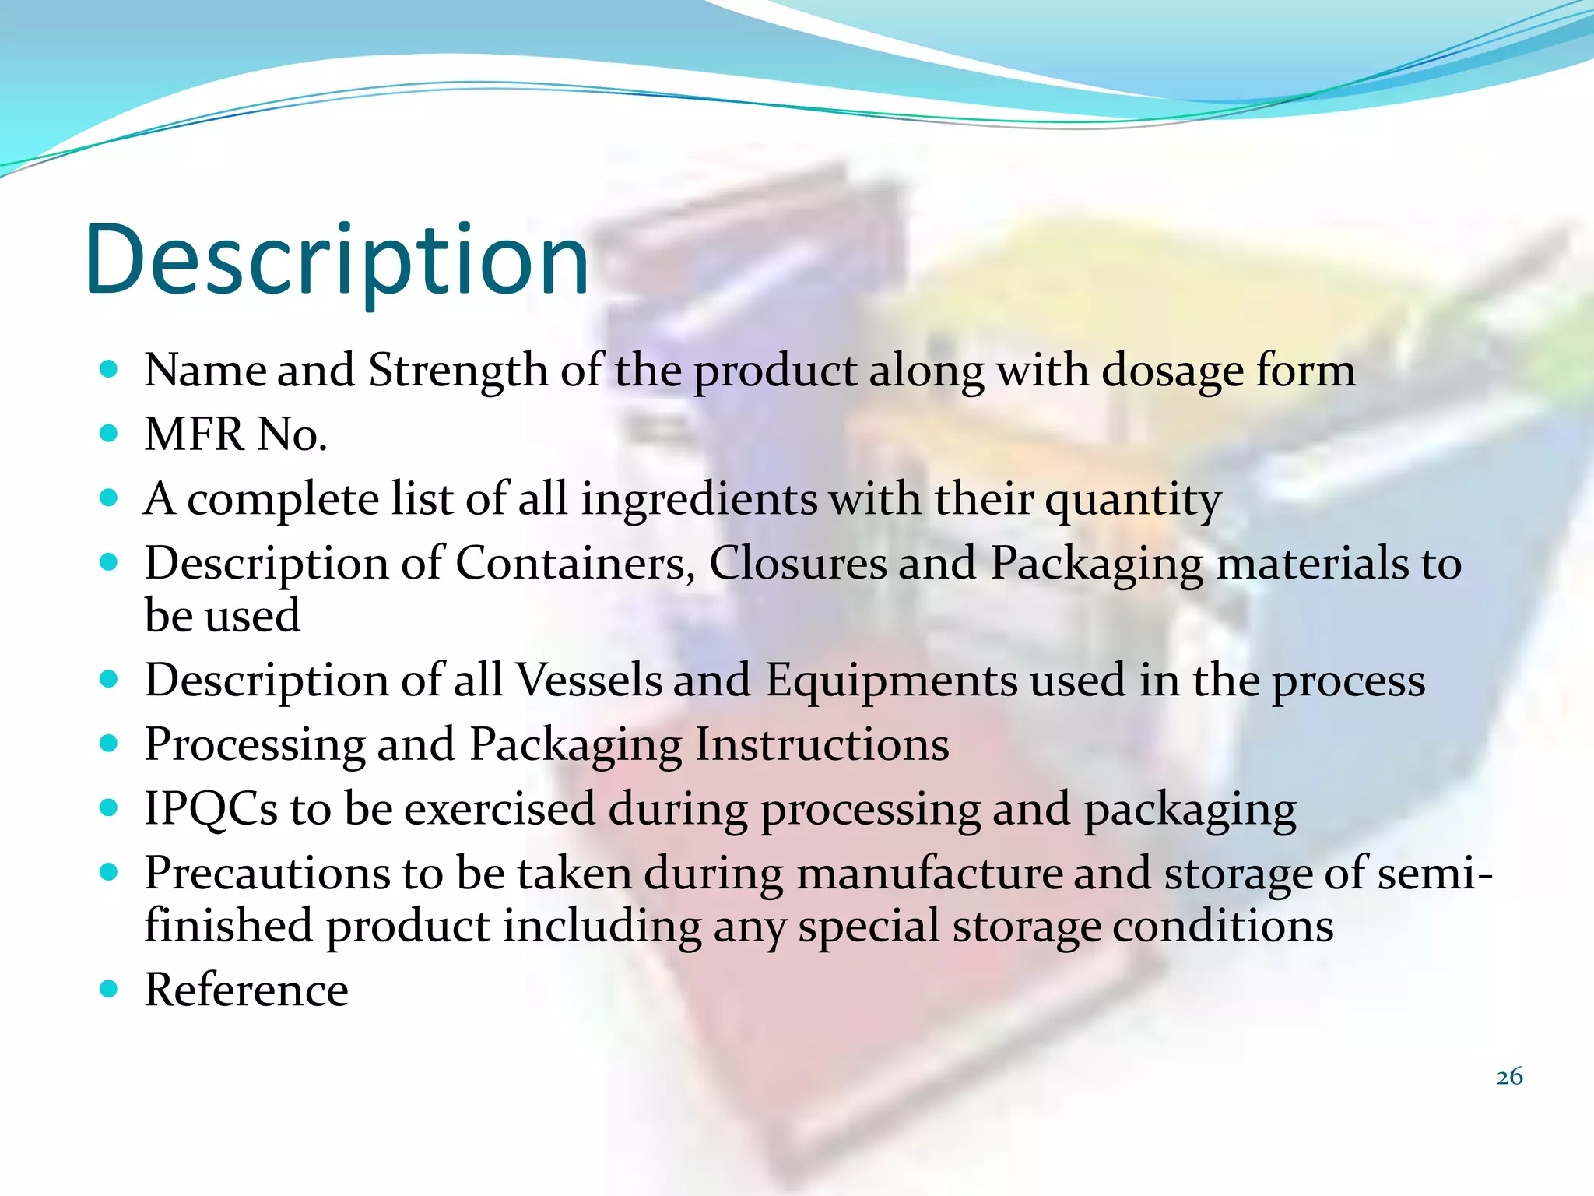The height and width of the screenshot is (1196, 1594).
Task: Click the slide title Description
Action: [337, 261]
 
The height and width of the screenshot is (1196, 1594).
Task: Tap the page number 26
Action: [1509, 1076]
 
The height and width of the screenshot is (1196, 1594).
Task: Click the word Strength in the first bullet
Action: [458, 370]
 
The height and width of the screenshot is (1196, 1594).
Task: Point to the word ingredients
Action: [699, 499]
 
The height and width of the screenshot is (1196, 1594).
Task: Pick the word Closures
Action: [797, 563]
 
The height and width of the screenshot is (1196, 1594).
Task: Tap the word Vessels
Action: [588, 681]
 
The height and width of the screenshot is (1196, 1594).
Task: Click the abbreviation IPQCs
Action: [211, 809]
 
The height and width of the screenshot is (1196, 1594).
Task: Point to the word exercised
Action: [500, 809]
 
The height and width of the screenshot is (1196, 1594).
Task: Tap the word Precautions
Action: [267, 874]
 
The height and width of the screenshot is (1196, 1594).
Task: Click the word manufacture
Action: [929, 874]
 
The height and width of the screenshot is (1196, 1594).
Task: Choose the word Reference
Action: [247, 990]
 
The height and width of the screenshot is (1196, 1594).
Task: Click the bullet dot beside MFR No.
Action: [109, 433]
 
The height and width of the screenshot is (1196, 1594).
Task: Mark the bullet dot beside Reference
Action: [109, 990]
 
